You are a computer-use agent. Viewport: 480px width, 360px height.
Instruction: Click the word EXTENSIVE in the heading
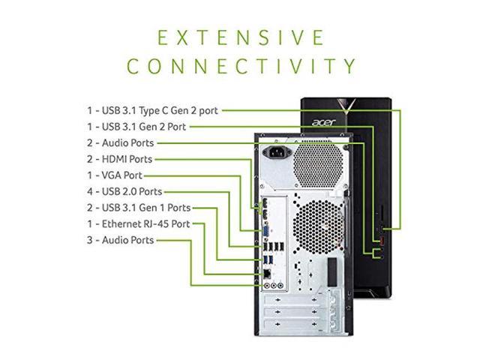pos(241,37)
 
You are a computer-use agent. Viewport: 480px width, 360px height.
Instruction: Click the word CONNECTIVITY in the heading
pos(241,66)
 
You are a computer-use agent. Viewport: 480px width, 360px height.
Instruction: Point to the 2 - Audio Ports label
pos(120,143)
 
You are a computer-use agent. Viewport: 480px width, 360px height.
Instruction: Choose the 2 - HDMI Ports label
pos(119,159)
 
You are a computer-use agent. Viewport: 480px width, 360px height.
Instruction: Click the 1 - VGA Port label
pos(115,175)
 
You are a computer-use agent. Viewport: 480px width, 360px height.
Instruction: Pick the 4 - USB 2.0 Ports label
pos(124,192)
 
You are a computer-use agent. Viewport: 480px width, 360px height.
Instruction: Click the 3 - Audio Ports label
pos(120,240)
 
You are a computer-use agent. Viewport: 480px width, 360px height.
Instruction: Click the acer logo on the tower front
pos(324,122)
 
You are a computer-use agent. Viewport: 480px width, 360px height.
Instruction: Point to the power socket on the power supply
pos(277,152)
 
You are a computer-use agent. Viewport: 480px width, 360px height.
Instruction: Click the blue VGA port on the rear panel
pos(266,232)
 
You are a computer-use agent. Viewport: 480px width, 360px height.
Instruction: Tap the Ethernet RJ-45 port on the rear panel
pos(267,274)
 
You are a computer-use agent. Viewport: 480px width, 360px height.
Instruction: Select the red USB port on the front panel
pos(382,241)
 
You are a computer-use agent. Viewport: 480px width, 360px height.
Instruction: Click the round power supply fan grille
pos(318,165)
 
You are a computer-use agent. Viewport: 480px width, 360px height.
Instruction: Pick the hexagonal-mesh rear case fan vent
pos(318,226)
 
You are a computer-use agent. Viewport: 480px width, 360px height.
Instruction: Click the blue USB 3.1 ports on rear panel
pos(268,260)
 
